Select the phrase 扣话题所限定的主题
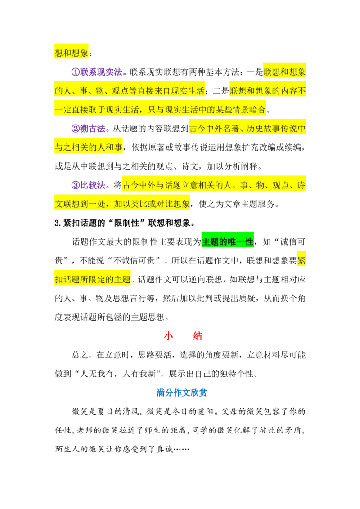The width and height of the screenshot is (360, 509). (93, 279)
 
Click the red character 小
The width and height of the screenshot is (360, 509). (168, 336)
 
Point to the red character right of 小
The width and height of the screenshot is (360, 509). (197, 336)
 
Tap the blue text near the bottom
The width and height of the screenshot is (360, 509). (181, 393)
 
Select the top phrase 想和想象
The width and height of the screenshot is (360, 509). (72, 53)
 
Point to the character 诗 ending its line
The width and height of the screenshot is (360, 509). (301, 185)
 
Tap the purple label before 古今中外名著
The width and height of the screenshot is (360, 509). (90, 129)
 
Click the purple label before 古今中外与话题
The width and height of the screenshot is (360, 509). (89, 185)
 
